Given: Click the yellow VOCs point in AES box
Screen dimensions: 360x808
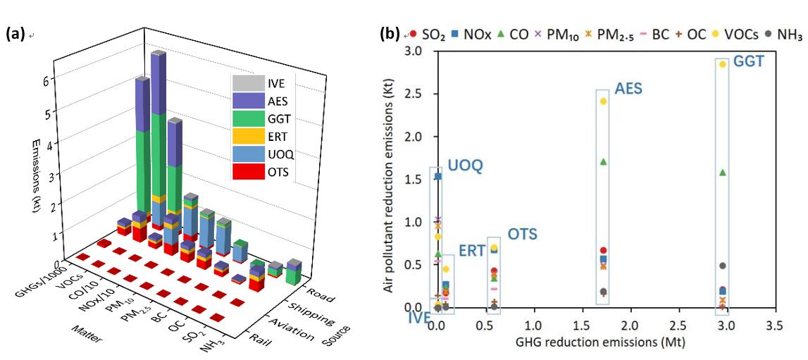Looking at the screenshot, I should [x=603, y=101].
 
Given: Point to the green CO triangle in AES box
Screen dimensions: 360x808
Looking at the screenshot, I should [x=603, y=161].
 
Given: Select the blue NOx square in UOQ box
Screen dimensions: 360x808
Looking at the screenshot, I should [x=437, y=176].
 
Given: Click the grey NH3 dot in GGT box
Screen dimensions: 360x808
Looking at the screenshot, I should [x=722, y=266].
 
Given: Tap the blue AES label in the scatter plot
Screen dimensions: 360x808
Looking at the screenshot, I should [x=628, y=89].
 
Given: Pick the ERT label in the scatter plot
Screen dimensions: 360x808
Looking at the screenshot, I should [x=471, y=251].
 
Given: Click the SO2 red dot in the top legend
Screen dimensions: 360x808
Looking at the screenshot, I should [x=414, y=33].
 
